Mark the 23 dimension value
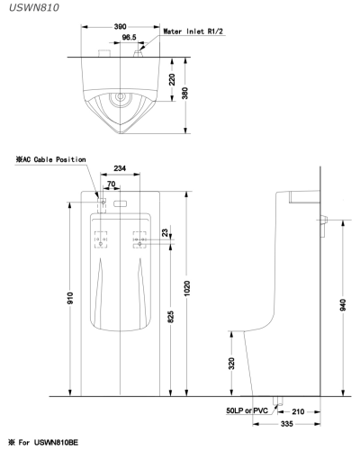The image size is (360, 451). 164,232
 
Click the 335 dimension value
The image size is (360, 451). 288,422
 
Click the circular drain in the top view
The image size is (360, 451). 119,95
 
